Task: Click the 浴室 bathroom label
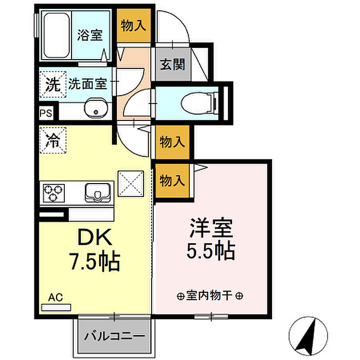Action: click(90, 35)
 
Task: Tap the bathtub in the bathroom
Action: click(56, 35)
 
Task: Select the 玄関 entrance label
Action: click(172, 64)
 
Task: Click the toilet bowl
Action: click(199, 103)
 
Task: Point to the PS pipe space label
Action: click(46, 113)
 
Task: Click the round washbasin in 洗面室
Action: click(96, 108)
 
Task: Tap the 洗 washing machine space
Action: click(53, 84)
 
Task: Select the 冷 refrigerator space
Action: click(53, 140)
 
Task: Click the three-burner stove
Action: click(53, 193)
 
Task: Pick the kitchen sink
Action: click(98, 193)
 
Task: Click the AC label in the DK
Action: click(56, 297)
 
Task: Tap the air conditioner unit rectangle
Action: click(56, 308)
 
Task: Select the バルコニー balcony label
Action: click(115, 336)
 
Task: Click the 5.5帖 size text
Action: click(211, 251)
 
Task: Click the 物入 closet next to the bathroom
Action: click(134, 25)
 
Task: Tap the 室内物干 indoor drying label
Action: click(210, 296)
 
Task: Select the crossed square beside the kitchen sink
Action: click(131, 184)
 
